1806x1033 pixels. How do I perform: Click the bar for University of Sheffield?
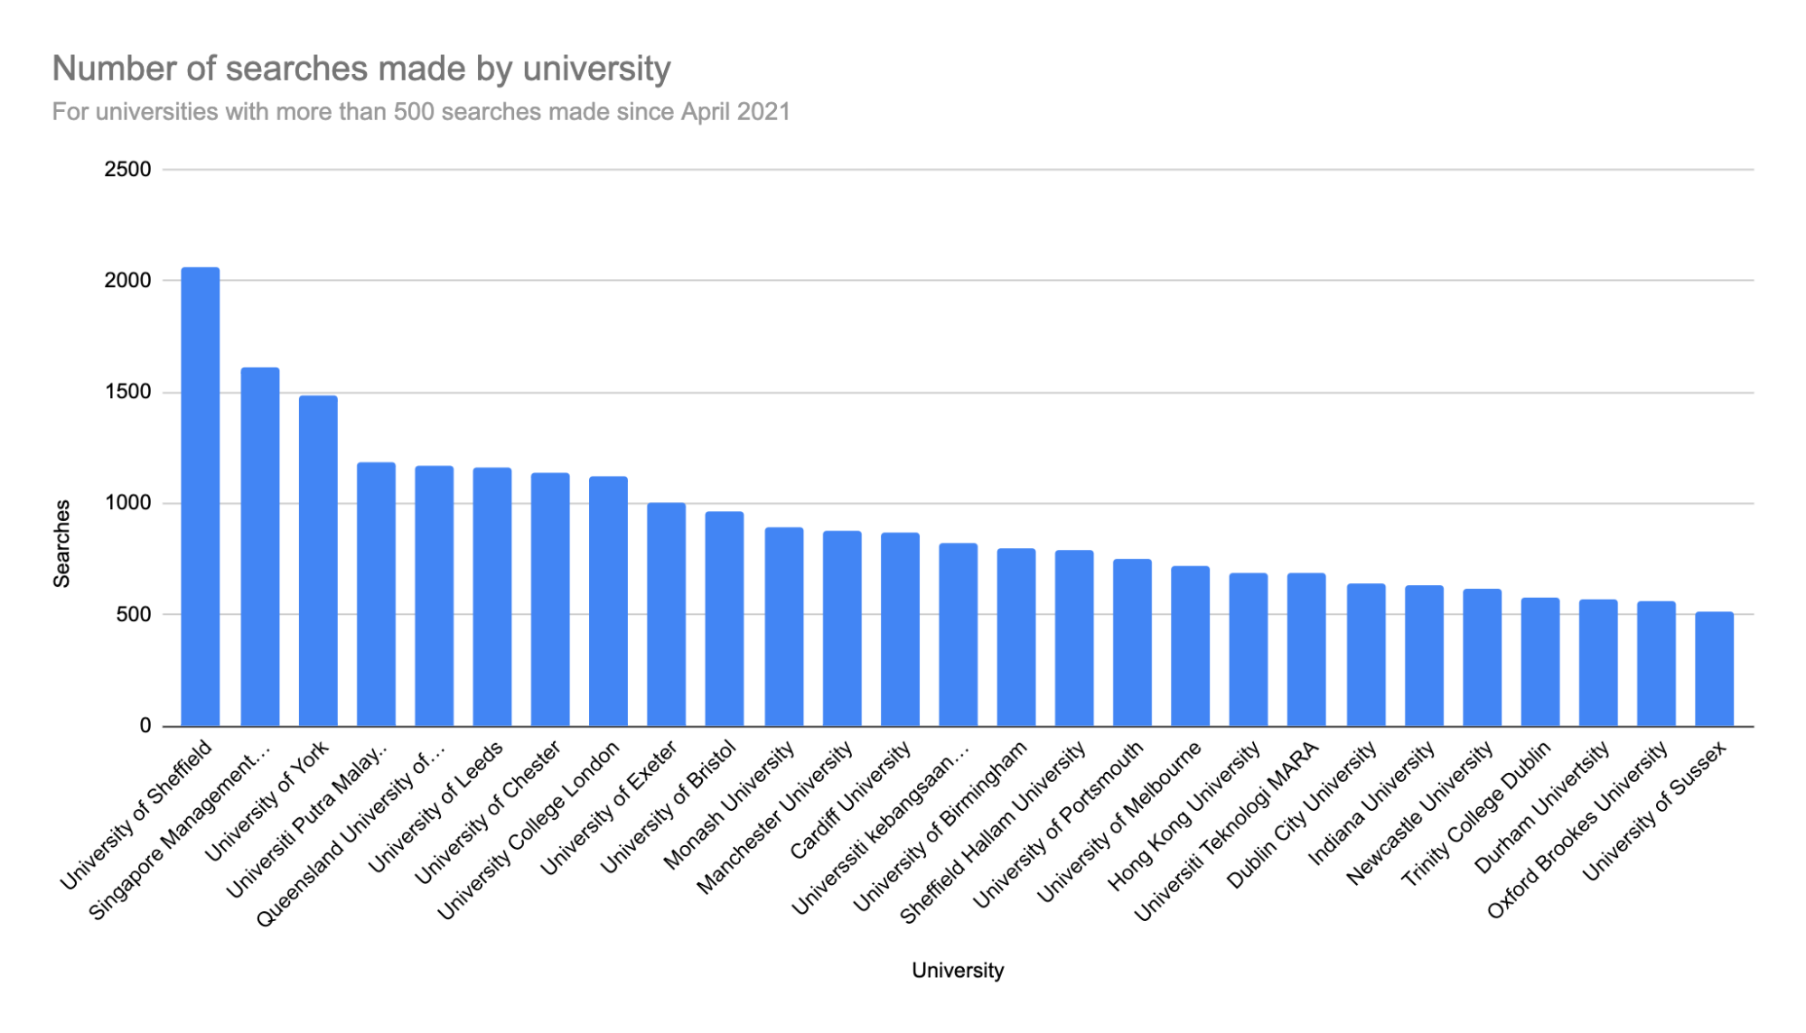200,497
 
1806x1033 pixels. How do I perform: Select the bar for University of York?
318,561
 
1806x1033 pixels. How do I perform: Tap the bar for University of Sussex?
1714,669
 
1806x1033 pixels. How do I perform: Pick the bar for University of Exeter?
666,614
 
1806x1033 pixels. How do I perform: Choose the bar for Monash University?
783,627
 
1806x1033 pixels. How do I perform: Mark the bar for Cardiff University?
900,629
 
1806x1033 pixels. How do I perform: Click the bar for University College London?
608,601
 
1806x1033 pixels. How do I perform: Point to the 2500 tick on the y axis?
127,170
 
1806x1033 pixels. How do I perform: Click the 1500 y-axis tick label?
127,392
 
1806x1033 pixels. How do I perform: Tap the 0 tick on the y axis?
145,726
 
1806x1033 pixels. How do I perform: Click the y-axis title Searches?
62,544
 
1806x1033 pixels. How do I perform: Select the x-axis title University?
957,971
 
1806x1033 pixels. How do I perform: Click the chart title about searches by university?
361,69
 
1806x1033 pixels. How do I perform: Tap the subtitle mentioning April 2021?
421,112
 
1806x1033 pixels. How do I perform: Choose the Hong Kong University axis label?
1184,818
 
